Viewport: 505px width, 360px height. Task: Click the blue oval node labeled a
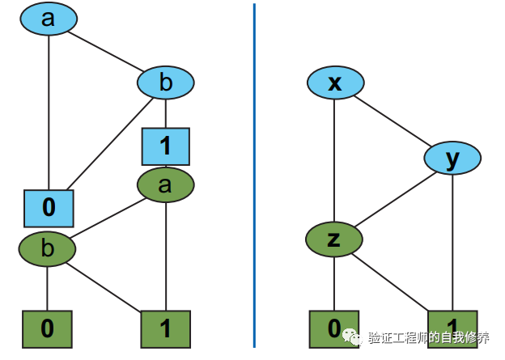coord(49,20)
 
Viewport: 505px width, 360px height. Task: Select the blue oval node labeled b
coord(166,83)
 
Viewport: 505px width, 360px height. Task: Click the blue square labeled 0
coord(49,207)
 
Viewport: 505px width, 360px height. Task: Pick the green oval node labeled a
coord(166,185)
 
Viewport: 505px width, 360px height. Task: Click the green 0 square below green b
coord(47,328)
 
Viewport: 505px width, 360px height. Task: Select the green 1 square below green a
coord(166,328)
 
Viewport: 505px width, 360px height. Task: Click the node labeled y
coord(452,159)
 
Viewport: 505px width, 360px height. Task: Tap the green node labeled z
coord(334,239)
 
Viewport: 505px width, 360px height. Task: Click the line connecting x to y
coord(393,121)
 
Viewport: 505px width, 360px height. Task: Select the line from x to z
coord(335,162)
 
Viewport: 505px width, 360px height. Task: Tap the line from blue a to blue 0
coord(49,113)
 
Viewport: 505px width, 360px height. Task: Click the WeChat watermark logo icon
coord(353,335)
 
